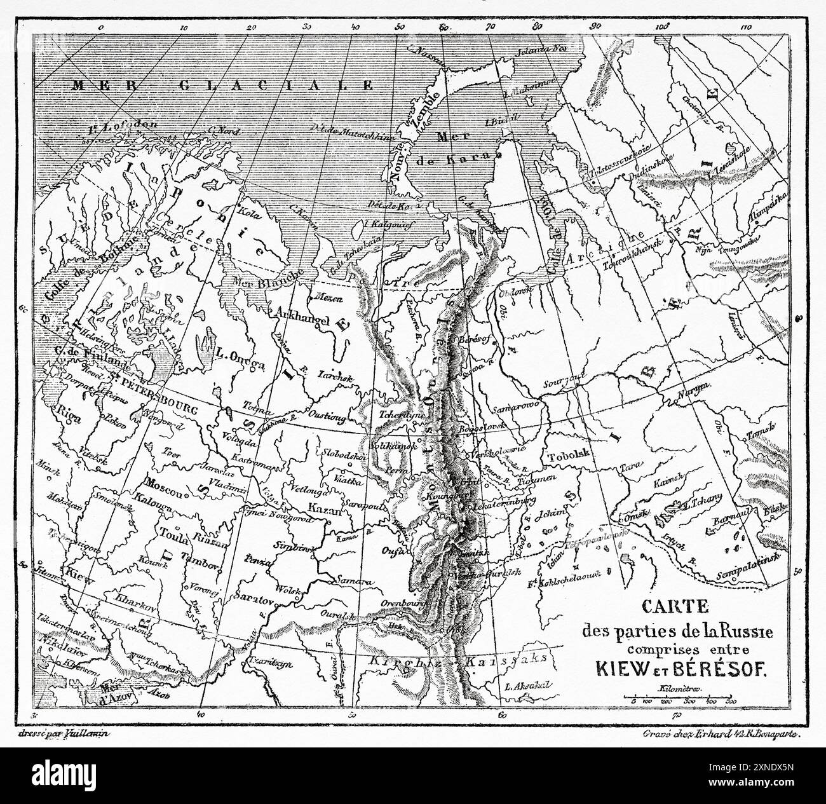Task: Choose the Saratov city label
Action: [253, 600]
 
